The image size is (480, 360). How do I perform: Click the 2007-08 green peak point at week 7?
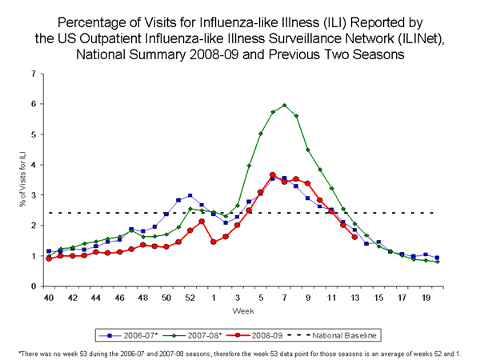coord(284,105)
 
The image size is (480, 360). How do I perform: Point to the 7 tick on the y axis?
coord(34,74)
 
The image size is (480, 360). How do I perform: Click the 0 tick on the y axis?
coord(34,286)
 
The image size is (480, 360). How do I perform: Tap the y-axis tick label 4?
coord(34,165)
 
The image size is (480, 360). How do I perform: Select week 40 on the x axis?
coord(49,298)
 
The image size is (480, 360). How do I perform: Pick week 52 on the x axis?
coord(190,298)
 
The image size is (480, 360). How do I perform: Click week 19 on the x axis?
coord(425,298)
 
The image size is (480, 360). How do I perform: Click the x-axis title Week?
coord(242,310)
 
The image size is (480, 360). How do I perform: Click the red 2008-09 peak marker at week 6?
coord(273,174)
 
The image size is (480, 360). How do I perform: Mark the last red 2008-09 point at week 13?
coord(354,237)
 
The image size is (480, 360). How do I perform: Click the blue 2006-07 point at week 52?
coord(190,195)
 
